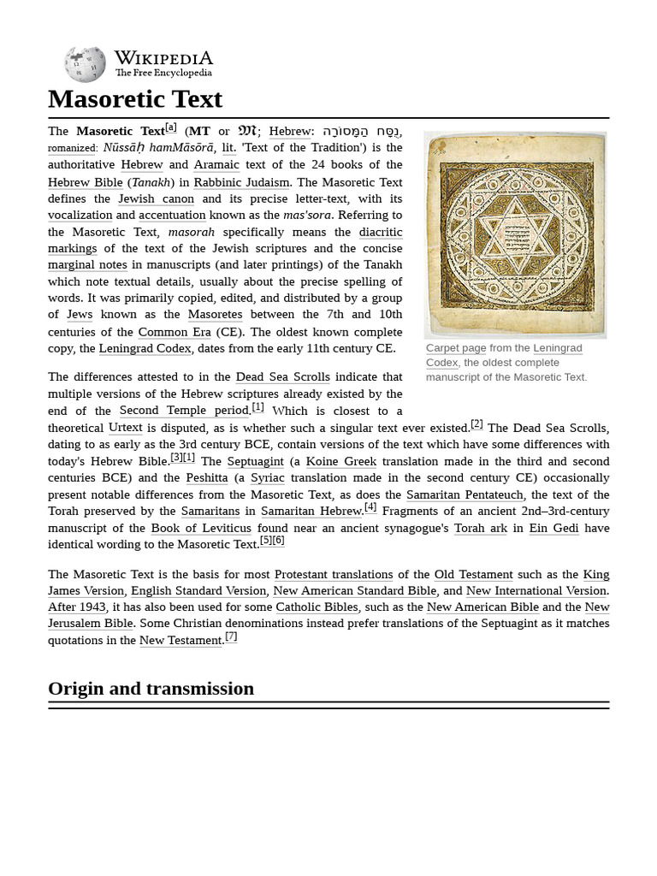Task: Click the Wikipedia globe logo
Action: click(x=85, y=64)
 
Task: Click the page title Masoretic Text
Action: click(x=135, y=99)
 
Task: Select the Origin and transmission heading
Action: click(x=151, y=689)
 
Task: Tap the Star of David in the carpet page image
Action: click(x=515, y=234)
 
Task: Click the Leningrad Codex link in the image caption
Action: click(x=557, y=348)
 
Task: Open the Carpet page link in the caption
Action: click(x=456, y=348)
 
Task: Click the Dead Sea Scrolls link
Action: click(x=282, y=377)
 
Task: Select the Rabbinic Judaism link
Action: click(x=242, y=182)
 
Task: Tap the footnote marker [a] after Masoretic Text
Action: click(x=171, y=127)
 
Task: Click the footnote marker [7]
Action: click(x=231, y=636)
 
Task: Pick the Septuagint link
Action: click(x=255, y=461)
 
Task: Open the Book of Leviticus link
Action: click(x=201, y=528)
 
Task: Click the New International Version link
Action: click(x=536, y=590)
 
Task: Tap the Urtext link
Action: click(x=125, y=428)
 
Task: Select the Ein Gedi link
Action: click(x=553, y=528)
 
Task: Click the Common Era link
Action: click(x=175, y=332)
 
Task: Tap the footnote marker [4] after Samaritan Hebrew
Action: click(x=370, y=507)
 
